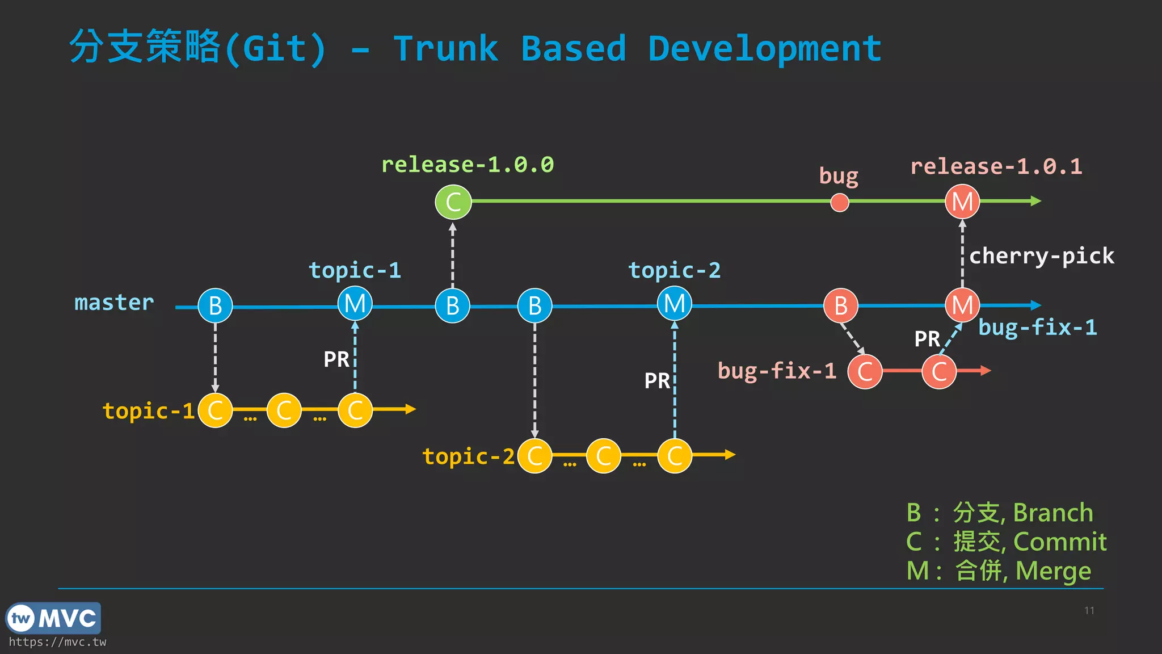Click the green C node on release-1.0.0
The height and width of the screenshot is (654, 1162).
pos(453,202)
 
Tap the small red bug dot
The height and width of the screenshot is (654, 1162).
pos(839,202)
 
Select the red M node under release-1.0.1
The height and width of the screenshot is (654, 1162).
pos(962,202)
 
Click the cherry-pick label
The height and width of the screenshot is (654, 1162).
pos(1041,256)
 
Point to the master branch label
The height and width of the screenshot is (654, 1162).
pos(114,303)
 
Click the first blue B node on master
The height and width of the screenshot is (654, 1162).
pos(215,306)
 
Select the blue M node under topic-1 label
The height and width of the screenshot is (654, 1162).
pos(355,304)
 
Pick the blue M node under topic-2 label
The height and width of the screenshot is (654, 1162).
pos(674,304)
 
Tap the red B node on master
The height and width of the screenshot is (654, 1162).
pos(840,306)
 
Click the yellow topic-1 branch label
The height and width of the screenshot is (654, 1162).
pos(149,410)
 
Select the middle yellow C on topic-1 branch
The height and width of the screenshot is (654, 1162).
pos(284,410)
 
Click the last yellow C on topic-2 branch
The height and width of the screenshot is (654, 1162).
pos(674,456)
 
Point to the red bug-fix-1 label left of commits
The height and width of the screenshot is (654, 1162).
pos(776,371)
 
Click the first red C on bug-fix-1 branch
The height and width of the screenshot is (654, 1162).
pos(865,372)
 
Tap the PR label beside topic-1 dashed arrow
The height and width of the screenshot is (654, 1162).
pos(336,359)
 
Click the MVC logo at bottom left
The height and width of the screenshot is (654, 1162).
pos(53,618)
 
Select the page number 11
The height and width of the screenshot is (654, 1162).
pos(1089,610)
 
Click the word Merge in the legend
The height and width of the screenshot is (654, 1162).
pos(1053,571)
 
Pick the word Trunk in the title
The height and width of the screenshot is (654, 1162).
pos(445,49)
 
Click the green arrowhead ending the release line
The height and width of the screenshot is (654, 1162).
pos(1035,201)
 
